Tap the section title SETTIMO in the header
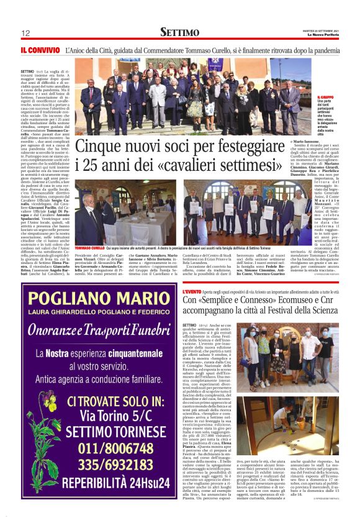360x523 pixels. tap(179, 32)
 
